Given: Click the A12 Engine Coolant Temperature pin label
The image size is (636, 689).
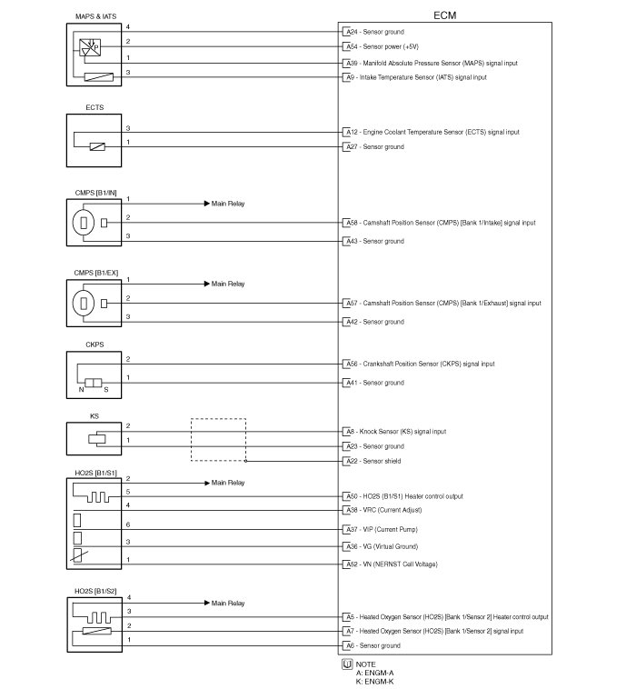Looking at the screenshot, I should [x=432, y=132].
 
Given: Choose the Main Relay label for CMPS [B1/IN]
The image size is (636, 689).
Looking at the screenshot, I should [x=228, y=204].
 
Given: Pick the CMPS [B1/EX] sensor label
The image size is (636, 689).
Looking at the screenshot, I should [x=96, y=273].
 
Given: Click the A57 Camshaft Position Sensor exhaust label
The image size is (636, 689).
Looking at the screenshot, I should [x=442, y=303].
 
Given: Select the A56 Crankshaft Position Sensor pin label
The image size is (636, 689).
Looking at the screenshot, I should [x=420, y=364].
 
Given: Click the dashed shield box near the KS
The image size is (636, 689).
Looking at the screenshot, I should [x=218, y=439].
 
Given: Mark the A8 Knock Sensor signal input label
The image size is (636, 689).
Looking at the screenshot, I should [x=395, y=431].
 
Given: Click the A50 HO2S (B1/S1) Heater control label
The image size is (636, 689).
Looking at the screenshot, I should [x=403, y=496].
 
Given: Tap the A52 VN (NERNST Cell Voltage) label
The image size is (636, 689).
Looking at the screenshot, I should [x=391, y=564].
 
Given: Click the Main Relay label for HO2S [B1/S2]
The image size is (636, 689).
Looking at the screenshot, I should [x=228, y=603].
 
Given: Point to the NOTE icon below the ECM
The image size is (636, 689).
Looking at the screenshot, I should [x=346, y=664].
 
